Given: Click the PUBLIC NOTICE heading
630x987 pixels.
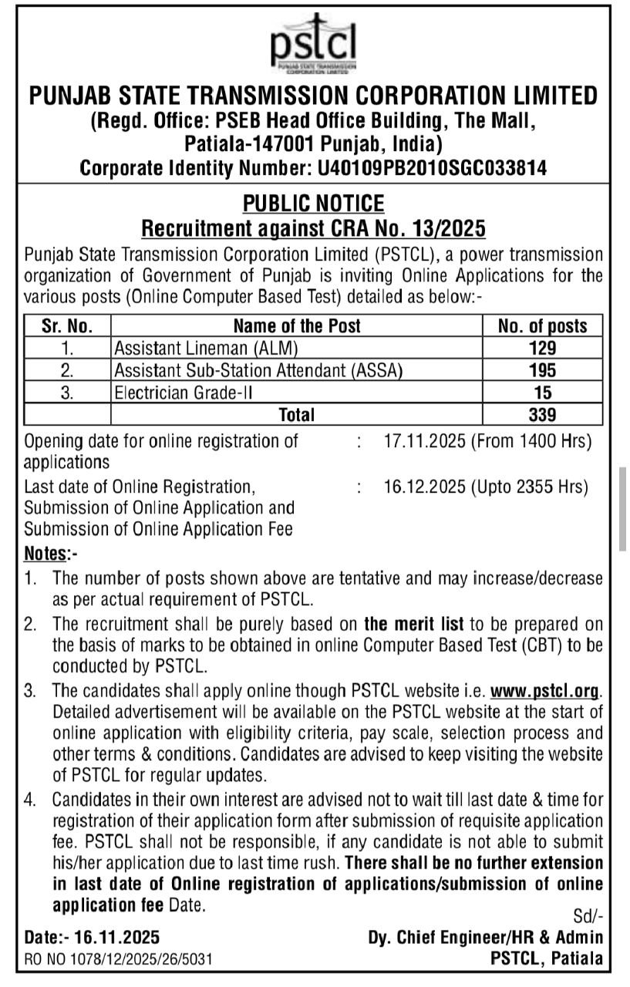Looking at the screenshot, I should coord(313,204).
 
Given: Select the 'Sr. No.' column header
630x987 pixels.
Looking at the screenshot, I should coord(68,326).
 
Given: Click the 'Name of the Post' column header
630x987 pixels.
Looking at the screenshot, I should coord(296,326).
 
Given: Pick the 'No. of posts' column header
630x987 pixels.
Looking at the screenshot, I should coord(542,326).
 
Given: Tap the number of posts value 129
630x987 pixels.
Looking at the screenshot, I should coord(542,349).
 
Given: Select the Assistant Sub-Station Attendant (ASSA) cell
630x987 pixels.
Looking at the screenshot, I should coord(258,371).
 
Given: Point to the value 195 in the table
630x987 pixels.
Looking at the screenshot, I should coord(542,371).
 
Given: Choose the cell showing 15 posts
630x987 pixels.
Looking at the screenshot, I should coord(542,393).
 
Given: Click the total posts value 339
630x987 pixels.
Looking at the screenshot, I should coord(542,415).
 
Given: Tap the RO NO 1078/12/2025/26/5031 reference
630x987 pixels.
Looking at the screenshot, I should coord(119,958).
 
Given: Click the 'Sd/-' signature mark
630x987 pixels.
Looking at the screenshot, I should coord(588,916).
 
